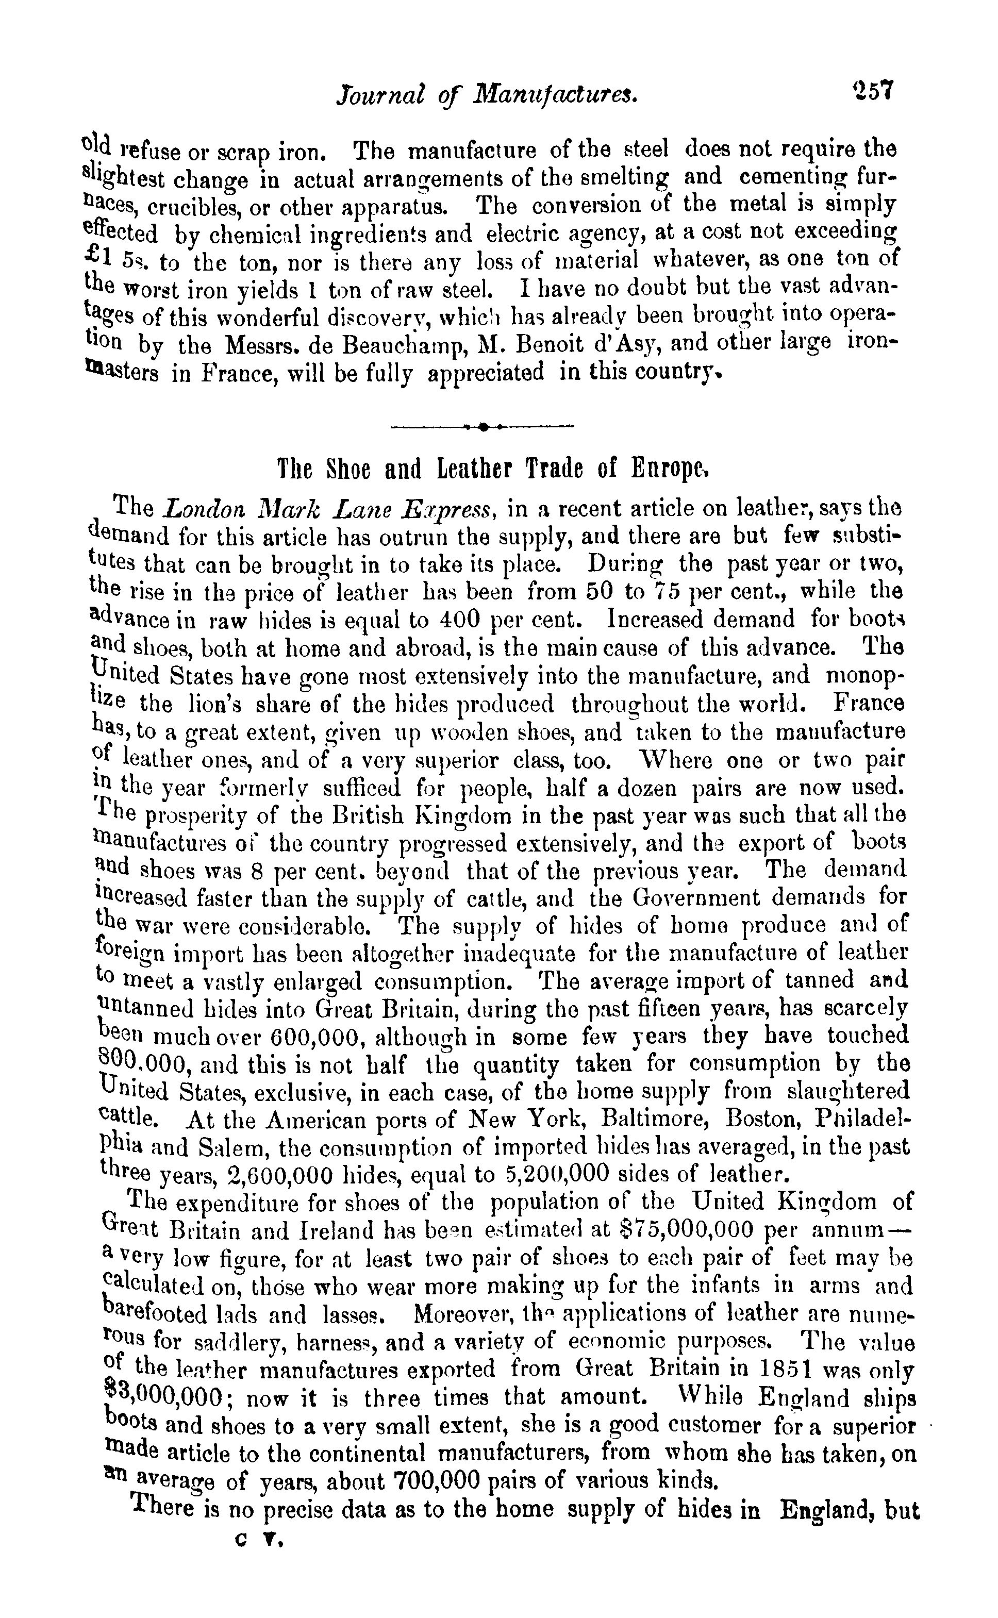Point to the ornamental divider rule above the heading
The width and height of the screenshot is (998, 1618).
pyautogui.click(x=483, y=427)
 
